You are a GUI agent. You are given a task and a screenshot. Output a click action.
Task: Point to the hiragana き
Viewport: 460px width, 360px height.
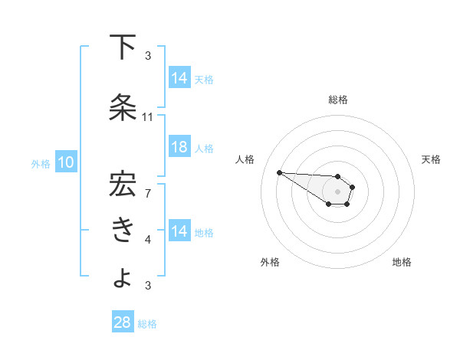123,230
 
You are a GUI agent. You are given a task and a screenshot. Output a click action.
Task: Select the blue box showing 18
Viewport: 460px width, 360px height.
179,148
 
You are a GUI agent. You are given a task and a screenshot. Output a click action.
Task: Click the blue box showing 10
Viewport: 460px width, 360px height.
65,162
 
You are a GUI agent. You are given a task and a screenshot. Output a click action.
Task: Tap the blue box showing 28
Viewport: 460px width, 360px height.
123,322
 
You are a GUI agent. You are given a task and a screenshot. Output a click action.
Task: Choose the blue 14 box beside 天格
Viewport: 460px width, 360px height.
179,78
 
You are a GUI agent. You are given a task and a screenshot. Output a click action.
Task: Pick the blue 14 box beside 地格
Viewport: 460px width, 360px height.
179,232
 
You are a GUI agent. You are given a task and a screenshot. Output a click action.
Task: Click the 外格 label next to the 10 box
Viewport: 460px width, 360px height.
40,163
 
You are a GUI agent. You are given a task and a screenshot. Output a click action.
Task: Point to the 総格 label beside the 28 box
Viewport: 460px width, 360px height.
147,323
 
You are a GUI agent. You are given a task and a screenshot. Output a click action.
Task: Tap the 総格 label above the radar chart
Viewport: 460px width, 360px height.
337,100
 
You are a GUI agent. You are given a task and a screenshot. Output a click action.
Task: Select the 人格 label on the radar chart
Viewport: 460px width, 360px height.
245,159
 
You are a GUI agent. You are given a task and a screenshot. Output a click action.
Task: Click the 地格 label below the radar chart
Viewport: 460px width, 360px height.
402,262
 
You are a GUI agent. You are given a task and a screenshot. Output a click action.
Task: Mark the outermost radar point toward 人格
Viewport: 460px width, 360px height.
279,172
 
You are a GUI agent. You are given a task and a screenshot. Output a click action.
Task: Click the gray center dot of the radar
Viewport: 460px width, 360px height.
337,191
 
